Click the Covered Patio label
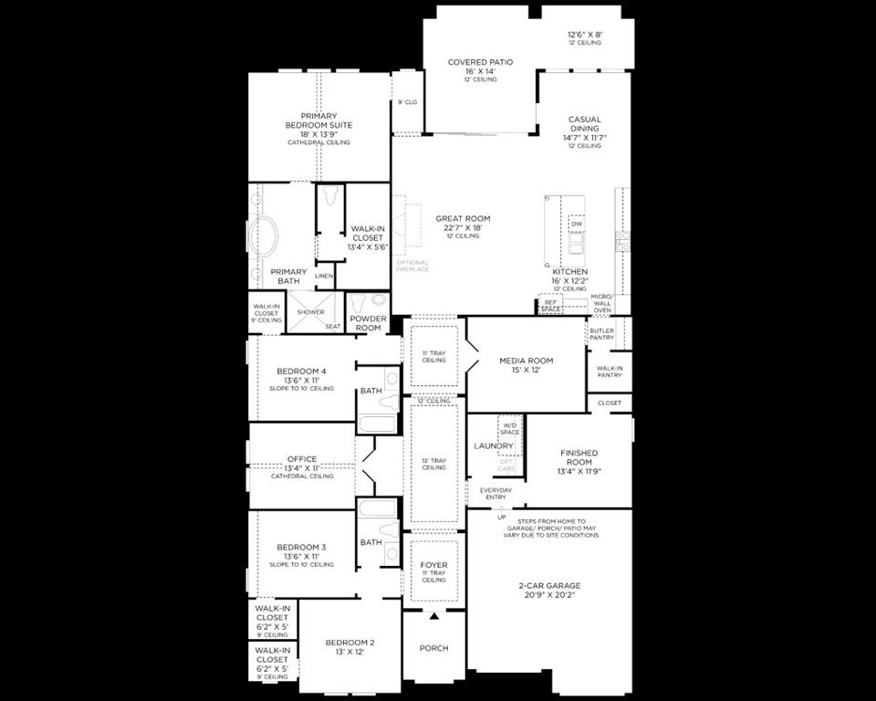(x=480, y=62)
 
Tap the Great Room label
(x=463, y=218)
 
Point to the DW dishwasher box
(x=577, y=225)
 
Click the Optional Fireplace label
(x=412, y=266)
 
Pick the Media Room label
(x=526, y=361)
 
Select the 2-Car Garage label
(x=549, y=586)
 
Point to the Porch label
(x=434, y=648)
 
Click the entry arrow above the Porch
(x=434, y=616)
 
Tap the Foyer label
(x=434, y=565)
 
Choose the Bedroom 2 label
(x=350, y=643)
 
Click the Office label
(x=302, y=459)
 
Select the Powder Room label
(x=368, y=323)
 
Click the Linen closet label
(x=324, y=276)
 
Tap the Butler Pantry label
(x=601, y=334)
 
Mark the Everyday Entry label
(x=495, y=493)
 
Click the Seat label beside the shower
(x=332, y=326)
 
